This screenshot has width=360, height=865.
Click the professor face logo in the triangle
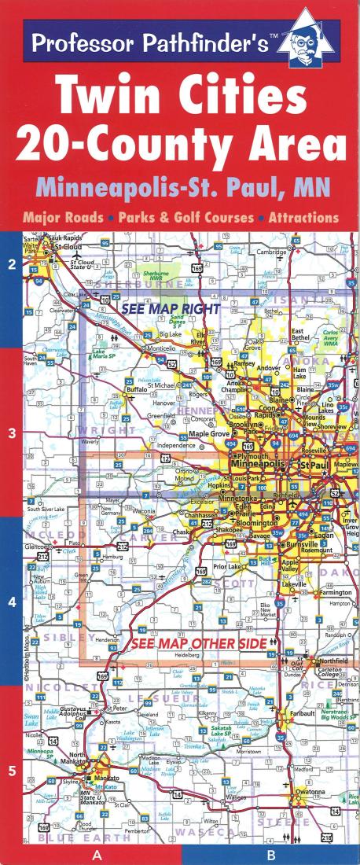click(318, 42)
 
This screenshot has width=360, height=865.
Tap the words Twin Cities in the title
click(179, 100)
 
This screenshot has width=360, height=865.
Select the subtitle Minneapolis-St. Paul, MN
click(180, 189)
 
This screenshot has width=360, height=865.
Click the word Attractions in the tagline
click(303, 217)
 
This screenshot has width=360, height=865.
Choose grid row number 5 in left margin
click(12, 771)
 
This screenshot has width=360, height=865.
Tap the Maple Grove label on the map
click(208, 433)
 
